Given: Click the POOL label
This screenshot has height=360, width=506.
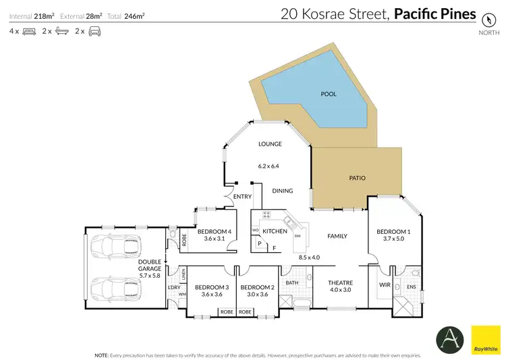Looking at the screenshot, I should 328,94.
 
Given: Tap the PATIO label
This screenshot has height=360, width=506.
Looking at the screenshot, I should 357,179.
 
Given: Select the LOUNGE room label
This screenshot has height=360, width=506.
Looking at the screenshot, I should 270,144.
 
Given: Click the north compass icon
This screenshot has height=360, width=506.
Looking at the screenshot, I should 485,20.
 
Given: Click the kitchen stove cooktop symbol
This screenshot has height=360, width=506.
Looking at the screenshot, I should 266,216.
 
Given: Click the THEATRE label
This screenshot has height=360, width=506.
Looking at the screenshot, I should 341,283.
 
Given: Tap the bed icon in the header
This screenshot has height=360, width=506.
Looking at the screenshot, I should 29,31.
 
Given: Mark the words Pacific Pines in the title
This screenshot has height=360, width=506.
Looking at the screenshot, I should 435,13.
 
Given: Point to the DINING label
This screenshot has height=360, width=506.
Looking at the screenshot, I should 283,191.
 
